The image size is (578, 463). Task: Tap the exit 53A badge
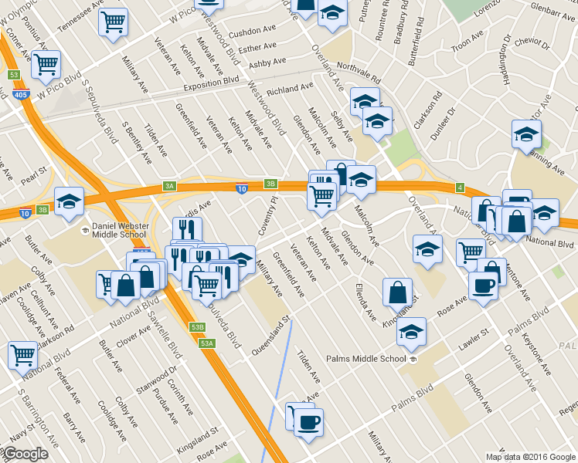206,343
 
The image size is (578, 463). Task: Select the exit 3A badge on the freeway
169,186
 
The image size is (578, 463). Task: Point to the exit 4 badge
459,188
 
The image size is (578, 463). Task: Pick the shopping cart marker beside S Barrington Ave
22,356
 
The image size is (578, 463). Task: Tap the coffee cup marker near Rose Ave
483,285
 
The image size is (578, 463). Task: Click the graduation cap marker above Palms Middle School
412,331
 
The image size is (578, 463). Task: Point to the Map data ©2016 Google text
531,457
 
